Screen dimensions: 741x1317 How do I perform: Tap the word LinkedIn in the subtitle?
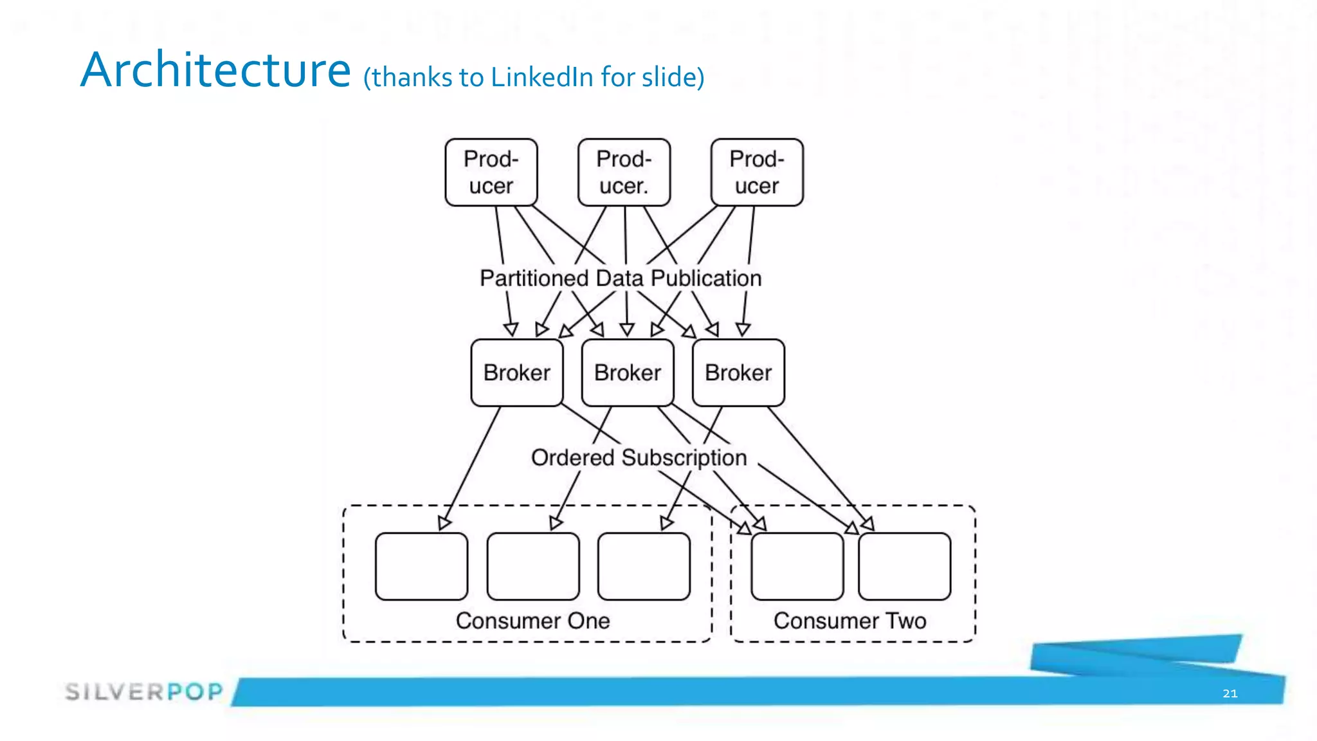[541, 77]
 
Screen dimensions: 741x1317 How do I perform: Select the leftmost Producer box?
[491, 172]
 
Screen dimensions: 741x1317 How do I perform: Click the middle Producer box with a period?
[624, 172]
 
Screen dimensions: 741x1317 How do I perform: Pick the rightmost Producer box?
[757, 172]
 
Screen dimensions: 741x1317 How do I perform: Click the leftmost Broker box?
[517, 372]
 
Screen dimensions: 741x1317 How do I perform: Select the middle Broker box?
[628, 372]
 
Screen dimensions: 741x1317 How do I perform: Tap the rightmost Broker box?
[738, 372]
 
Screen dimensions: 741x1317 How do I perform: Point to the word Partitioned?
[534, 279]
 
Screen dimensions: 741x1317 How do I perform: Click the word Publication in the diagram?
[705, 279]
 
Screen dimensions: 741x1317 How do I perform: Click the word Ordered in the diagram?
[572, 457]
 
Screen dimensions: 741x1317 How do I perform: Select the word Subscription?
[684, 457]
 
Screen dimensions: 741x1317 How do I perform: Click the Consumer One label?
[532, 621]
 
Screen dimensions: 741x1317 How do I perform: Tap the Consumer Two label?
[849, 621]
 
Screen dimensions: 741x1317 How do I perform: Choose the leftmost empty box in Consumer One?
[421, 566]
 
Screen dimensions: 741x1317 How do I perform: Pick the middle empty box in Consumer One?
[532, 566]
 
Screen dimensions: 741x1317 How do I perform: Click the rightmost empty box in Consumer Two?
[904, 566]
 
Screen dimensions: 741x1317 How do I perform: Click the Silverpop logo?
[144, 691]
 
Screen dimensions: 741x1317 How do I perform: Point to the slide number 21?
[1230, 693]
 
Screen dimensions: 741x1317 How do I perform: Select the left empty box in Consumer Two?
[797, 566]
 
